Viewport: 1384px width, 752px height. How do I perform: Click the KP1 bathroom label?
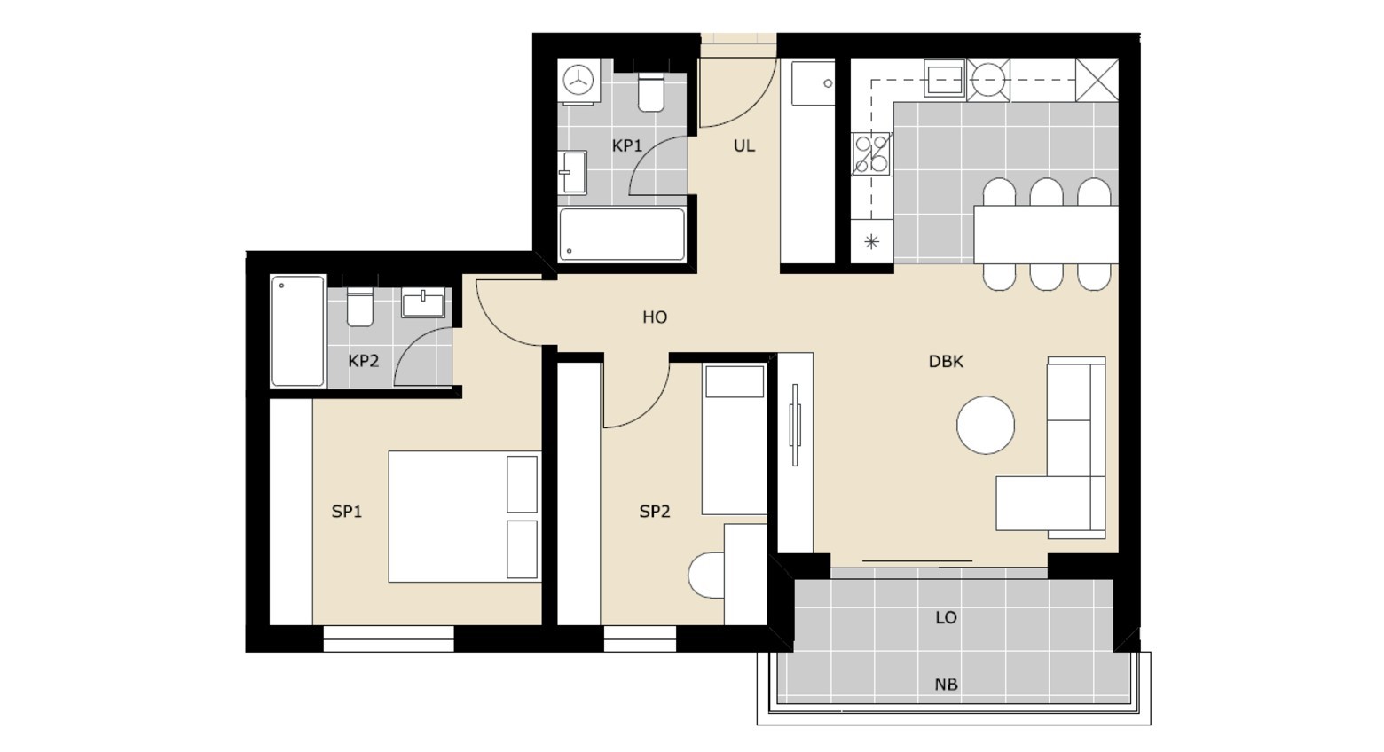(627, 146)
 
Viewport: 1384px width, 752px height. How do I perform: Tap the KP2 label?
(364, 361)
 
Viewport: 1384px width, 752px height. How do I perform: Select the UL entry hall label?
(743, 146)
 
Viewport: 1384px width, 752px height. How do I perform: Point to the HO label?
(655, 317)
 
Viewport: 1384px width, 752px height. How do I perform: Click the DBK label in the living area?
(946, 362)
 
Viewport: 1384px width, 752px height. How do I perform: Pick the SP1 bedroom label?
(347, 511)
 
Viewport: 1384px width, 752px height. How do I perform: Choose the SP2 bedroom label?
(655, 511)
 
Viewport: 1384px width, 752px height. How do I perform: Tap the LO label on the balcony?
(946, 617)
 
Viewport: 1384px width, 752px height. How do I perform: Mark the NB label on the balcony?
(946, 685)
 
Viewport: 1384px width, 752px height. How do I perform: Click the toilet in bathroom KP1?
(650, 92)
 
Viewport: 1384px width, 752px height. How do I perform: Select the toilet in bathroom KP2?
(359, 307)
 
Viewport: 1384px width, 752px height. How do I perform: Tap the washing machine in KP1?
(579, 81)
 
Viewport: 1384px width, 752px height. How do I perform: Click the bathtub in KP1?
(622, 235)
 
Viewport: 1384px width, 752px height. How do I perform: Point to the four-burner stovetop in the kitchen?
(871, 154)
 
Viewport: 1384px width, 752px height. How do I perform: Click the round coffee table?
(986, 426)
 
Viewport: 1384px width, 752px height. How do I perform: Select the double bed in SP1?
(465, 516)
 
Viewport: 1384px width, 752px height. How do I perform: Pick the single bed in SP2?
(735, 439)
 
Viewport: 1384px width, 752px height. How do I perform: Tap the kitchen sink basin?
(945, 78)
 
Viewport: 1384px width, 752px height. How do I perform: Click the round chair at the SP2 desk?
(706, 575)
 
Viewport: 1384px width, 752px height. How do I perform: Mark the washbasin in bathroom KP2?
(423, 303)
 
